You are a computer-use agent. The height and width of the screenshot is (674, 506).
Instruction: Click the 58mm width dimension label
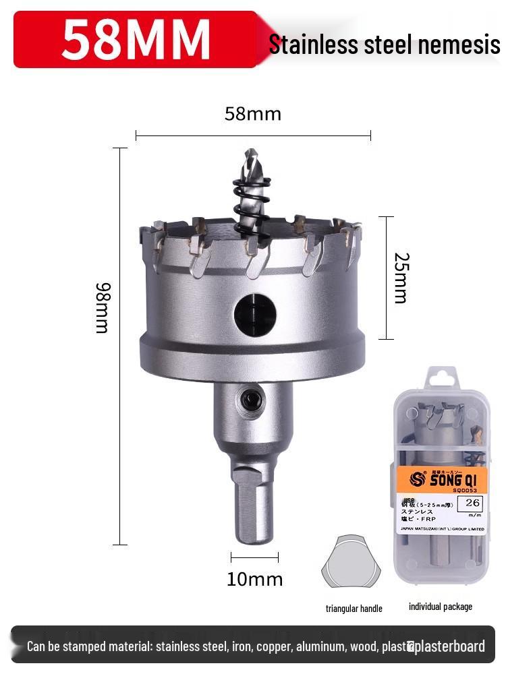point(252,114)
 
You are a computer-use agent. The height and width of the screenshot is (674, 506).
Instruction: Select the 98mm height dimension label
point(102,307)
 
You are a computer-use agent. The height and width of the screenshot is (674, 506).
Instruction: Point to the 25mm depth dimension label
point(400,278)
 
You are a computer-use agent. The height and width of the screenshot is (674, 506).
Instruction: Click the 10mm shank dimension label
point(254,579)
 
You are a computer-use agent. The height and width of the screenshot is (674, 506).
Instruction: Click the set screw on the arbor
point(250,400)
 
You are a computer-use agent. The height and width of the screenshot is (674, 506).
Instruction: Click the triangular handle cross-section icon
point(351,561)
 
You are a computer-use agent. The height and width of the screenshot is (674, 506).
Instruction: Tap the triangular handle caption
point(354,609)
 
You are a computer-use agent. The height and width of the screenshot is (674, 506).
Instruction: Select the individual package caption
point(440,607)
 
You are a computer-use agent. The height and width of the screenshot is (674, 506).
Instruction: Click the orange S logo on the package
point(416,480)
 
